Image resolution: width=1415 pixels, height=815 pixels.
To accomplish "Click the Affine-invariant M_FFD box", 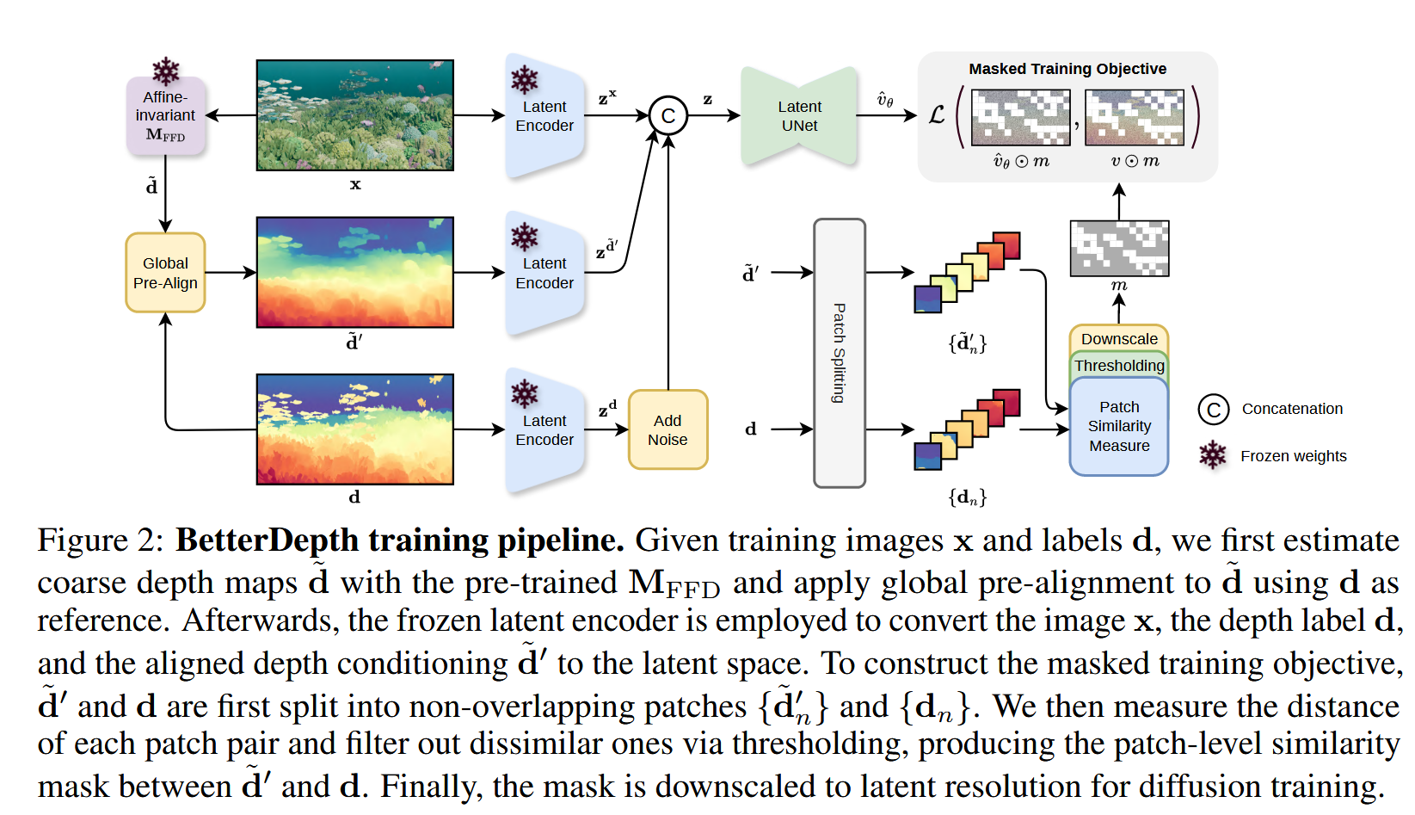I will point(165,116).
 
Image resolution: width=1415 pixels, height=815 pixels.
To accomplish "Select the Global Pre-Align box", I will point(165,273).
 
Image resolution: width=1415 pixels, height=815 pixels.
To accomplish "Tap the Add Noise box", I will point(668,429).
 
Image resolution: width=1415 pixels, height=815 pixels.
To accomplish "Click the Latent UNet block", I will point(799,116).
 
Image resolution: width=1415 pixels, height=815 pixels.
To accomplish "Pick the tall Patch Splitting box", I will point(839,353).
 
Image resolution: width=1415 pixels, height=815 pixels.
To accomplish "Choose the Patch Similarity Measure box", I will point(1118,426).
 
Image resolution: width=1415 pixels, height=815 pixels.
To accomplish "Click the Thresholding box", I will point(1118,365).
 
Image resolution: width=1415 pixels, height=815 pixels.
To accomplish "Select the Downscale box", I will point(1118,338).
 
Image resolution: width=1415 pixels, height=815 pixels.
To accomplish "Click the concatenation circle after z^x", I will point(668,115).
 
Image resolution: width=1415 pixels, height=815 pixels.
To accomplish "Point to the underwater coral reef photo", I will point(354,115).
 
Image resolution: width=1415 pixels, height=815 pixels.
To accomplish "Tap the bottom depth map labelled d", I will point(354,429).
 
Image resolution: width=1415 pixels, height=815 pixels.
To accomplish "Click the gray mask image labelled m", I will point(1118,248).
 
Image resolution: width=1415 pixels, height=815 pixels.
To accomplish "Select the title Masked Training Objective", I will point(1067,69).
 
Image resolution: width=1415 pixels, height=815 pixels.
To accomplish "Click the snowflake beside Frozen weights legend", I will point(1212,455).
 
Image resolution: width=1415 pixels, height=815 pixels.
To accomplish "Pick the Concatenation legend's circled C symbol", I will point(1213,409).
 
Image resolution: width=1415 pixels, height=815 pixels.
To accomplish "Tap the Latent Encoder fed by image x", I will point(544,116).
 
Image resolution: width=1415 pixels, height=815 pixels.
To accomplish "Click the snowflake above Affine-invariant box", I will point(165,70).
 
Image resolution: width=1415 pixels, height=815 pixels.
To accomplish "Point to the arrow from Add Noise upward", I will point(668,258).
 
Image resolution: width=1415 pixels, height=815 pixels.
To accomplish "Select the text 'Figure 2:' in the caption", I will point(100,540).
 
